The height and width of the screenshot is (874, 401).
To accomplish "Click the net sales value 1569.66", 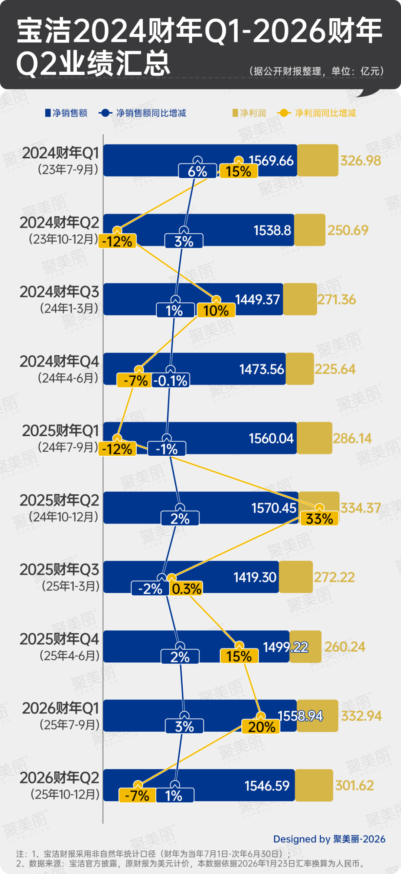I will pyautogui.click(x=271, y=161).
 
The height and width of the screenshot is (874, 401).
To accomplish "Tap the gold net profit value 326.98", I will pyautogui.click(x=361, y=161).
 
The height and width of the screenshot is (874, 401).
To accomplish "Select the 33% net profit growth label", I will pyautogui.click(x=319, y=519).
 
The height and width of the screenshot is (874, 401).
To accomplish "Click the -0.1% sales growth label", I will pyautogui.click(x=170, y=381).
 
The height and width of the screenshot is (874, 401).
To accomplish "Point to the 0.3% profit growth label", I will pyautogui.click(x=186, y=588).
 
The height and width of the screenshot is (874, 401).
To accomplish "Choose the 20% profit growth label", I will pyautogui.click(x=261, y=727).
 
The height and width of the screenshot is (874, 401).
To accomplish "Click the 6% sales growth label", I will pyautogui.click(x=197, y=171).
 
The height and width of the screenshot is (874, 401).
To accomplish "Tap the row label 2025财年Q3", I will pyautogui.click(x=59, y=570).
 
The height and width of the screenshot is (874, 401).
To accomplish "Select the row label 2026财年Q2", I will pyautogui.click(x=59, y=778).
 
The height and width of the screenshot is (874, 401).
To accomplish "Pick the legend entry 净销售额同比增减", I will pyautogui.click(x=151, y=113).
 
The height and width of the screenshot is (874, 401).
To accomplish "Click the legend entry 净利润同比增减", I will pyautogui.click(x=325, y=113).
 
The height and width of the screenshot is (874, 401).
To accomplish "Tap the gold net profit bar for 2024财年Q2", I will pyautogui.click(x=310, y=230).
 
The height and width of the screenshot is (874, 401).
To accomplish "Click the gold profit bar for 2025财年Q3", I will pyautogui.click(x=296, y=577).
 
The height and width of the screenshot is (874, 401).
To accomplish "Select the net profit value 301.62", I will pyautogui.click(x=354, y=785).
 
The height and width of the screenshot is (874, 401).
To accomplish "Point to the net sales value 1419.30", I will pyautogui.click(x=255, y=577).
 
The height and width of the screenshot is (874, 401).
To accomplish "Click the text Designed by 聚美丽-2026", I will pyautogui.click(x=329, y=839).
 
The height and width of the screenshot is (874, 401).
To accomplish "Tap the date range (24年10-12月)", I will pyautogui.click(x=63, y=517).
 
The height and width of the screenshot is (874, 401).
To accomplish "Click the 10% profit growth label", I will pyautogui.click(x=216, y=311).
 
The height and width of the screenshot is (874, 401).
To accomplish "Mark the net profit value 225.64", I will pyautogui.click(x=335, y=369).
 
